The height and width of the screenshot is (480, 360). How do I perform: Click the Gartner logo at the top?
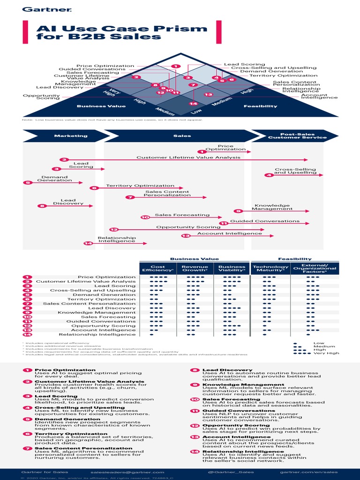(x=40, y=9)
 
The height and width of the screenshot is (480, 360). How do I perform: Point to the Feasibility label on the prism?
(x=261, y=106)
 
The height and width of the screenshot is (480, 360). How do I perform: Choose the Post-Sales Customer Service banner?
(x=297, y=136)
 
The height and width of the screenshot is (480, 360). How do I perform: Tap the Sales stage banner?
(x=182, y=136)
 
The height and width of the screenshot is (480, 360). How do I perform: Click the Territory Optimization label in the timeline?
(x=134, y=186)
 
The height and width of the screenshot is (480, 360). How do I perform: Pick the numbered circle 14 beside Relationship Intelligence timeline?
(x=88, y=243)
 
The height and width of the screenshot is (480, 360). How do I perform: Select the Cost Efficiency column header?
(x=154, y=269)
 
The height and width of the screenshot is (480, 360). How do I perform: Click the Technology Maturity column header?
(x=270, y=269)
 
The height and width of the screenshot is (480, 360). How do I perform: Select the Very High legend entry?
(x=326, y=353)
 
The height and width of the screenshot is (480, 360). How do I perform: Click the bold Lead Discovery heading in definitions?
(x=227, y=370)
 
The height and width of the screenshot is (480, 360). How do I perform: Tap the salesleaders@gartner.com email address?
(x=127, y=472)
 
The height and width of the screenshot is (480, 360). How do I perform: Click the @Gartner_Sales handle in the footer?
(x=228, y=472)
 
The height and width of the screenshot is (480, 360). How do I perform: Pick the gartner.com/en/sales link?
(x=308, y=472)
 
